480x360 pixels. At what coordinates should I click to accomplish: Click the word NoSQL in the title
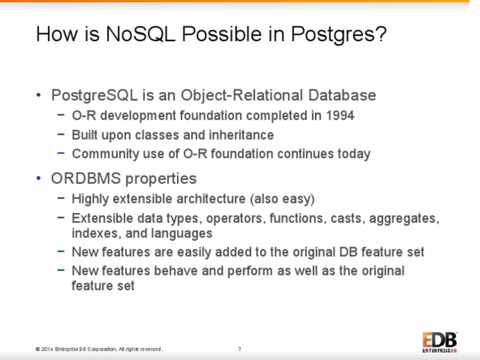[141, 33]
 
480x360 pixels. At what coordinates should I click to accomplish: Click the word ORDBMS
[85, 178]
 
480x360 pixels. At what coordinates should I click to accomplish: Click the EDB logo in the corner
[440, 342]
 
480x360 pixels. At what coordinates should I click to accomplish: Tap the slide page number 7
[239, 349]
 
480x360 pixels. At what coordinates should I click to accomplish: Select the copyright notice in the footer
[99, 349]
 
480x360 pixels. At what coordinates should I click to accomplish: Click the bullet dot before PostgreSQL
[38, 95]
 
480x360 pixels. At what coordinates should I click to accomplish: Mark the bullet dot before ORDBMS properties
[38, 178]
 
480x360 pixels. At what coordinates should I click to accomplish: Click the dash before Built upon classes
[61, 134]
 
